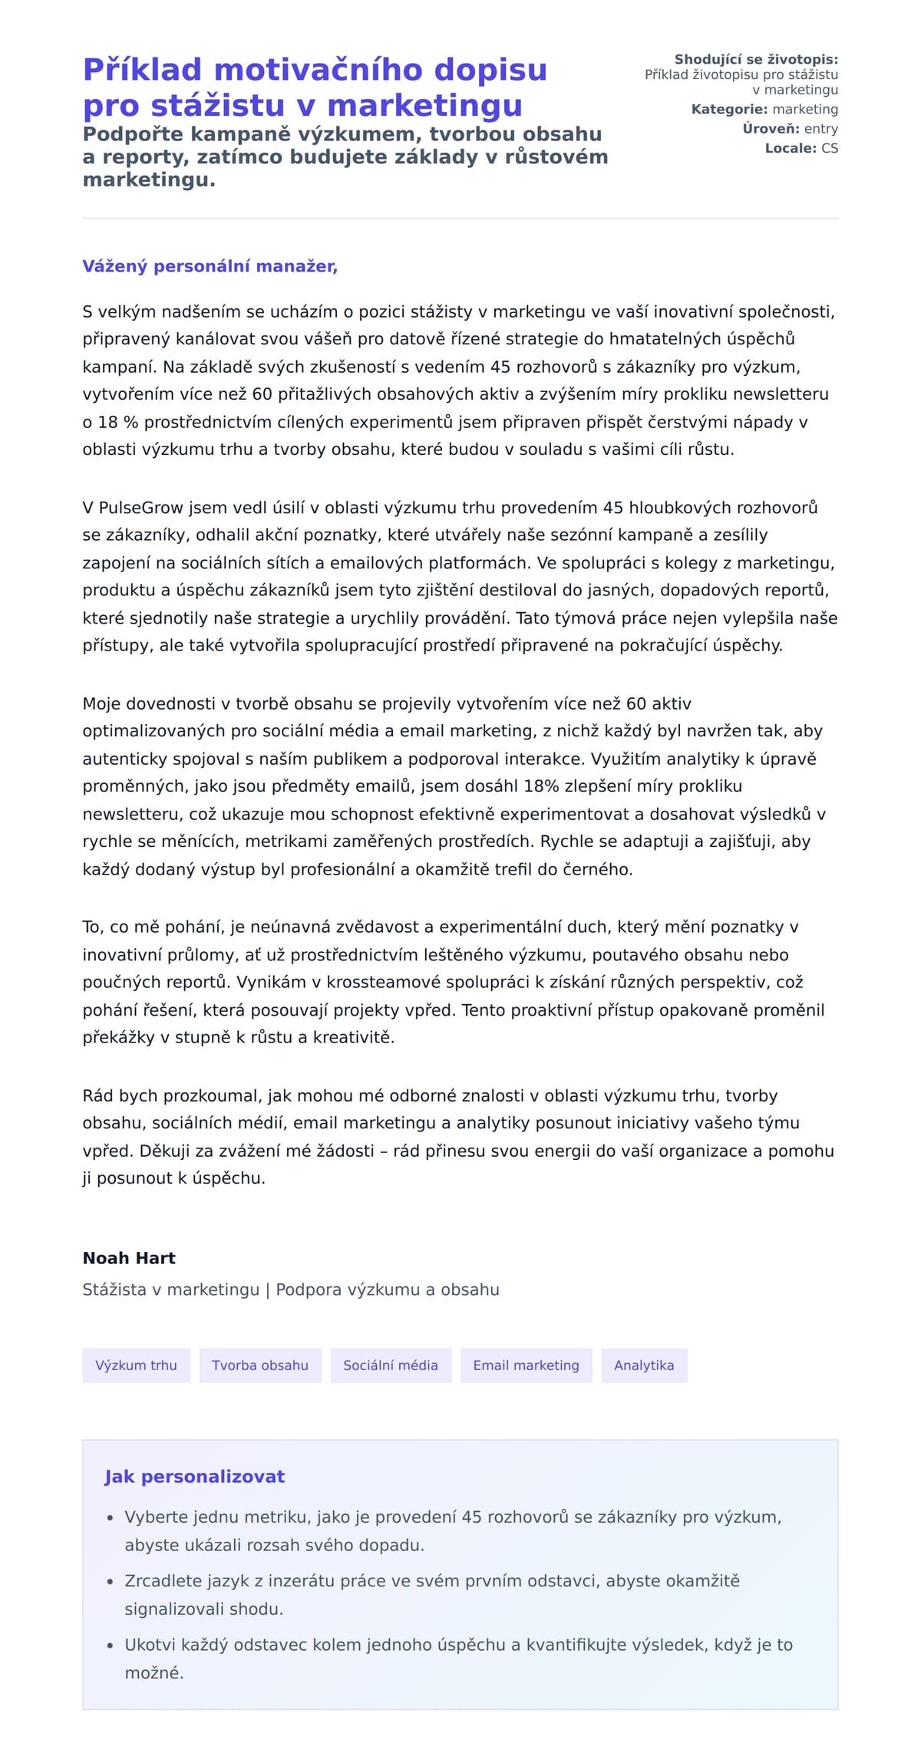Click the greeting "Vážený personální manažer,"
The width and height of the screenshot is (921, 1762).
click(x=210, y=266)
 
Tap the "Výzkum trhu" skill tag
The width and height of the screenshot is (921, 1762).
click(x=136, y=1365)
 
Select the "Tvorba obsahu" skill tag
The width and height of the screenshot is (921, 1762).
click(x=260, y=1365)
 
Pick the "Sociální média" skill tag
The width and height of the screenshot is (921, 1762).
click(x=391, y=1365)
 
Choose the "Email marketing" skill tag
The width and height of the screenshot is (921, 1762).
click(x=526, y=1365)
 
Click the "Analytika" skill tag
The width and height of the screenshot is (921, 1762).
click(x=644, y=1365)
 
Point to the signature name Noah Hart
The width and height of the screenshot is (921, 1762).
click(x=129, y=1258)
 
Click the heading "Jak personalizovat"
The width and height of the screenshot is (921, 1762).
click(x=194, y=1477)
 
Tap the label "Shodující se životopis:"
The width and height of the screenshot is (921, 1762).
click(x=756, y=59)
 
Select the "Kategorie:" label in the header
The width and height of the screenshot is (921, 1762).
click(x=729, y=109)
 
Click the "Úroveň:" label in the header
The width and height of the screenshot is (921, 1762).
click(x=771, y=129)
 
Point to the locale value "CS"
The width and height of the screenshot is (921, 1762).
click(x=830, y=148)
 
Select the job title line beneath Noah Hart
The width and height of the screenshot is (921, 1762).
click(x=291, y=1289)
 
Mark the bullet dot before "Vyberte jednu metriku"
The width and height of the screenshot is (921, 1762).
click(x=110, y=1518)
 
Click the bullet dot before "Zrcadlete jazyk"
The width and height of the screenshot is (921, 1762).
click(x=110, y=1582)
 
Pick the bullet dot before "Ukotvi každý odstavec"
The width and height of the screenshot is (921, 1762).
click(x=110, y=1645)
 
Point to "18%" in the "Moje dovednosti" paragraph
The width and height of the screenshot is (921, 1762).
click(x=541, y=786)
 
